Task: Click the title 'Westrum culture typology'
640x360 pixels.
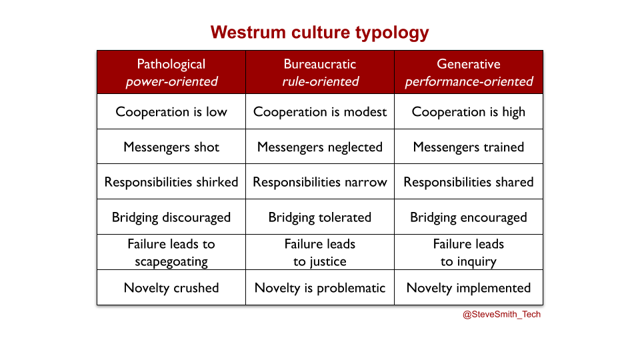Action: (319, 33)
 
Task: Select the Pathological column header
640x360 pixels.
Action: (171, 72)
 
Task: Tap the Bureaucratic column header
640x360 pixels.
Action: (320, 72)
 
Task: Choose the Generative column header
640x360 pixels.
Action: (469, 72)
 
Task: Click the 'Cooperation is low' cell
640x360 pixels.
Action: (171, 111)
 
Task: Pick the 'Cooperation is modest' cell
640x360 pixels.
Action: (320, 111)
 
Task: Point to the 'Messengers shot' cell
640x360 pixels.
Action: (171, 147)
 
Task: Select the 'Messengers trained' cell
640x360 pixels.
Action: (469, 147)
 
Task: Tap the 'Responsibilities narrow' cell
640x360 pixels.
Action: (320, 181)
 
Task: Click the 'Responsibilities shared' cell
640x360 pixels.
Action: (469, 181)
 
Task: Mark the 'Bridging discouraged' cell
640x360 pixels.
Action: (171, 217)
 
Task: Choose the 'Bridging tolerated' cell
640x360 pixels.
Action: (320, 217)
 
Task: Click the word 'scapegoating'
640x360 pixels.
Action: (171, 261)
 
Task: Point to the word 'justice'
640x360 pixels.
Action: (328, 261)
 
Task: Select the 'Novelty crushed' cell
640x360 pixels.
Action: (171, 287)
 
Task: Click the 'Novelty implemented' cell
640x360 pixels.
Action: (469, 287)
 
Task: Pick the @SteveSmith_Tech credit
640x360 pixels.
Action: (501, 314)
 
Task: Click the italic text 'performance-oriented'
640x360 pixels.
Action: (469, 81)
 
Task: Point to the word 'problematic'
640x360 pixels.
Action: (351, 288)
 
